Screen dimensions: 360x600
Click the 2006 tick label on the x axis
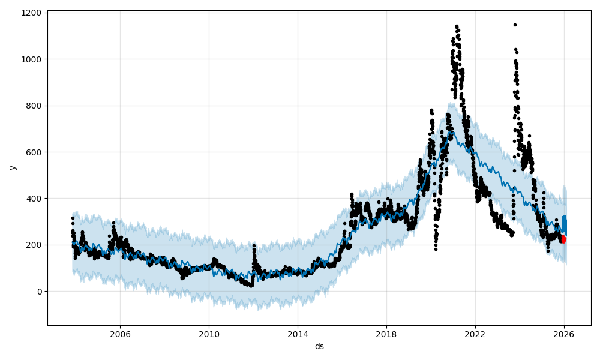tap(120, 334)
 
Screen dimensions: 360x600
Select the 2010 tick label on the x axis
tap(209, 334)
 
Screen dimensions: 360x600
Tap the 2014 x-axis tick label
tap(298, 334)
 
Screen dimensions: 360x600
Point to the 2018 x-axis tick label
tap(386, 334)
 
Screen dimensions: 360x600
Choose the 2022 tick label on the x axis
tap(475, 334)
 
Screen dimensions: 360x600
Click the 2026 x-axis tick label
tap(564, 334)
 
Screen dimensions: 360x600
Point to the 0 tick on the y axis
tap(40, 292)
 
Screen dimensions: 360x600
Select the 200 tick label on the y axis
tap(35, 245)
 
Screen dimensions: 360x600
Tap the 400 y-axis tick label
tap(35, 199)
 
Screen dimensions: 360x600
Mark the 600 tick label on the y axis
tap(35, 152)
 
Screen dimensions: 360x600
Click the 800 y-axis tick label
tap(35, 106)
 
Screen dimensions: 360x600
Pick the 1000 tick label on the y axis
tap(33, 59)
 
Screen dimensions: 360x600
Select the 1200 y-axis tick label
tap(33, 13)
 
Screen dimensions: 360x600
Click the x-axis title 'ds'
tap(319, 346)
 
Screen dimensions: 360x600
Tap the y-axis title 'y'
tap(12, 167)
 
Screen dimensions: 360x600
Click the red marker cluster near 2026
tap(563, 239)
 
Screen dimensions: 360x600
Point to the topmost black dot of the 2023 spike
tap(515, 25)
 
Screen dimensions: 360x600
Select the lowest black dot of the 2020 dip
tap(436, 249)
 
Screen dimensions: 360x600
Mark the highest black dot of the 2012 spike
tap(254, 245)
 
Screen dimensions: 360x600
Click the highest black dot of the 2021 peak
tap(457, 26)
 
